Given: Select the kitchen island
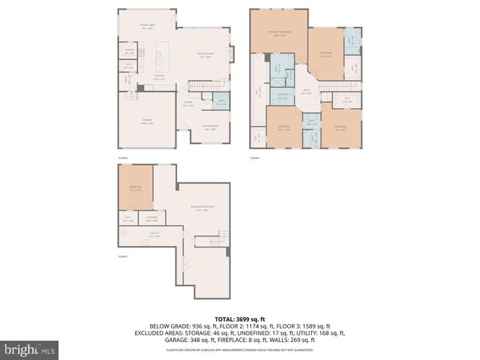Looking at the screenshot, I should [160, 57].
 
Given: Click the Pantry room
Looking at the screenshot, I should [130, 52].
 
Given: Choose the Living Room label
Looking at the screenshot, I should [211, 127].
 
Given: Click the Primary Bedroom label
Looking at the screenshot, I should [280, 33].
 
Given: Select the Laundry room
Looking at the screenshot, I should [282, 97].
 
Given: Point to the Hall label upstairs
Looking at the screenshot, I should [306, 93].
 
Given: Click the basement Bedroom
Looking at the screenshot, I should [135, 187].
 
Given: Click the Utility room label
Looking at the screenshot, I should [154, 235].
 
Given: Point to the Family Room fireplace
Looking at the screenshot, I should [231, 53].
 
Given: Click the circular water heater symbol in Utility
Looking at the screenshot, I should [124, 233].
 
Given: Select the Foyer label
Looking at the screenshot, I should [188, 104].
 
